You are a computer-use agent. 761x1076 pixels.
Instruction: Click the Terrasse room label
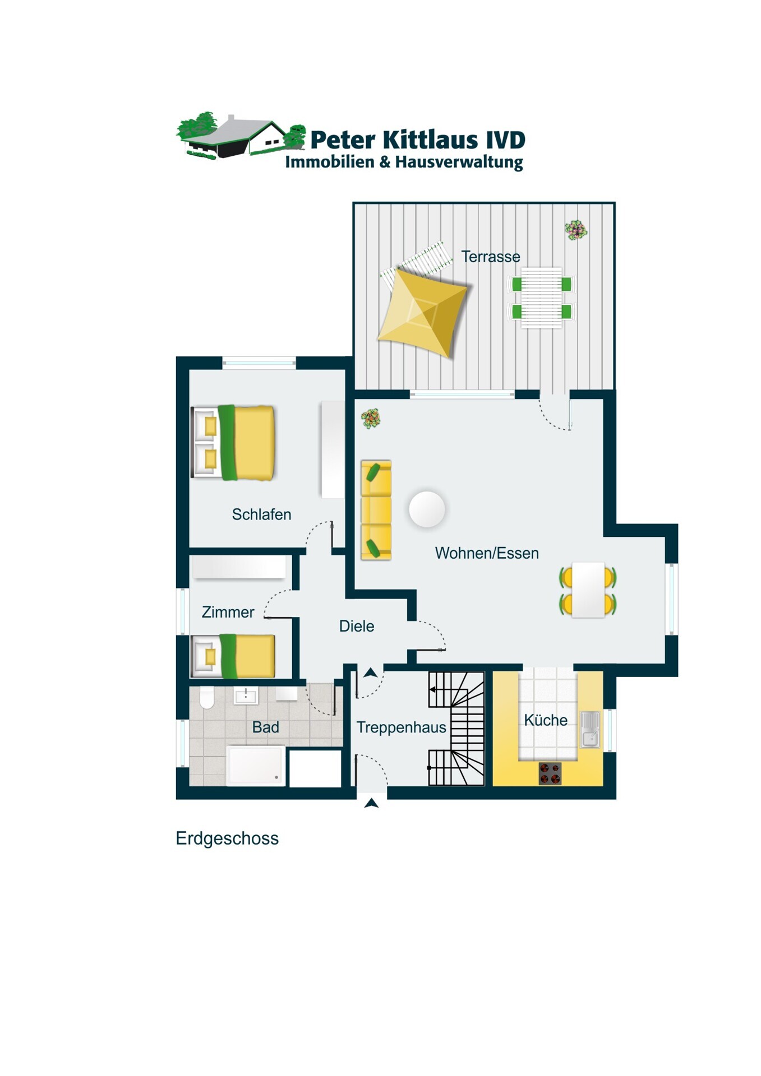point(491,257)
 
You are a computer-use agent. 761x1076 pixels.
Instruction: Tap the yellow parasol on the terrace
point(422,312)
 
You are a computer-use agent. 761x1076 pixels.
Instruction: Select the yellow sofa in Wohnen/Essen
point(376,510)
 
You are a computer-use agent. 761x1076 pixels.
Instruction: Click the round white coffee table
point(427,509)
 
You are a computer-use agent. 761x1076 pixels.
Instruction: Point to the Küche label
point(546,720)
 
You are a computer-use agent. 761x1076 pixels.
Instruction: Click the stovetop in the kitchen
point(550,773)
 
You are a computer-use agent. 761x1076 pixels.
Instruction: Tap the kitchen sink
point(590,729)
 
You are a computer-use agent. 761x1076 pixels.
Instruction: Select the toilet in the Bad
point(207,698)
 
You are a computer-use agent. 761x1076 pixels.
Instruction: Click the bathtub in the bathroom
point(256,765)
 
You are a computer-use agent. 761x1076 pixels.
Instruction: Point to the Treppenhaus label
point(402,727)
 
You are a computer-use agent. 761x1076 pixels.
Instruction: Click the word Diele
point(357,626)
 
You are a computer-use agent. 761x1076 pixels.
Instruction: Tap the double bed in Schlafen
point(233,443)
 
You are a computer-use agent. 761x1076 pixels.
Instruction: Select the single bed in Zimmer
point(233,656)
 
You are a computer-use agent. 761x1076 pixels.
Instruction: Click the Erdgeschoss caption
point(227,838)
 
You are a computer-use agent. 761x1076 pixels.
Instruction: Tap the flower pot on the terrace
point(576,230)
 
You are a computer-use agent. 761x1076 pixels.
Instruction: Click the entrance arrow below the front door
point(371,804)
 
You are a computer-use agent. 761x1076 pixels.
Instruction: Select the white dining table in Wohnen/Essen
point(588,590)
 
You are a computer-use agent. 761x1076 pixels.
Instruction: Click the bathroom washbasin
point(246,695)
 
